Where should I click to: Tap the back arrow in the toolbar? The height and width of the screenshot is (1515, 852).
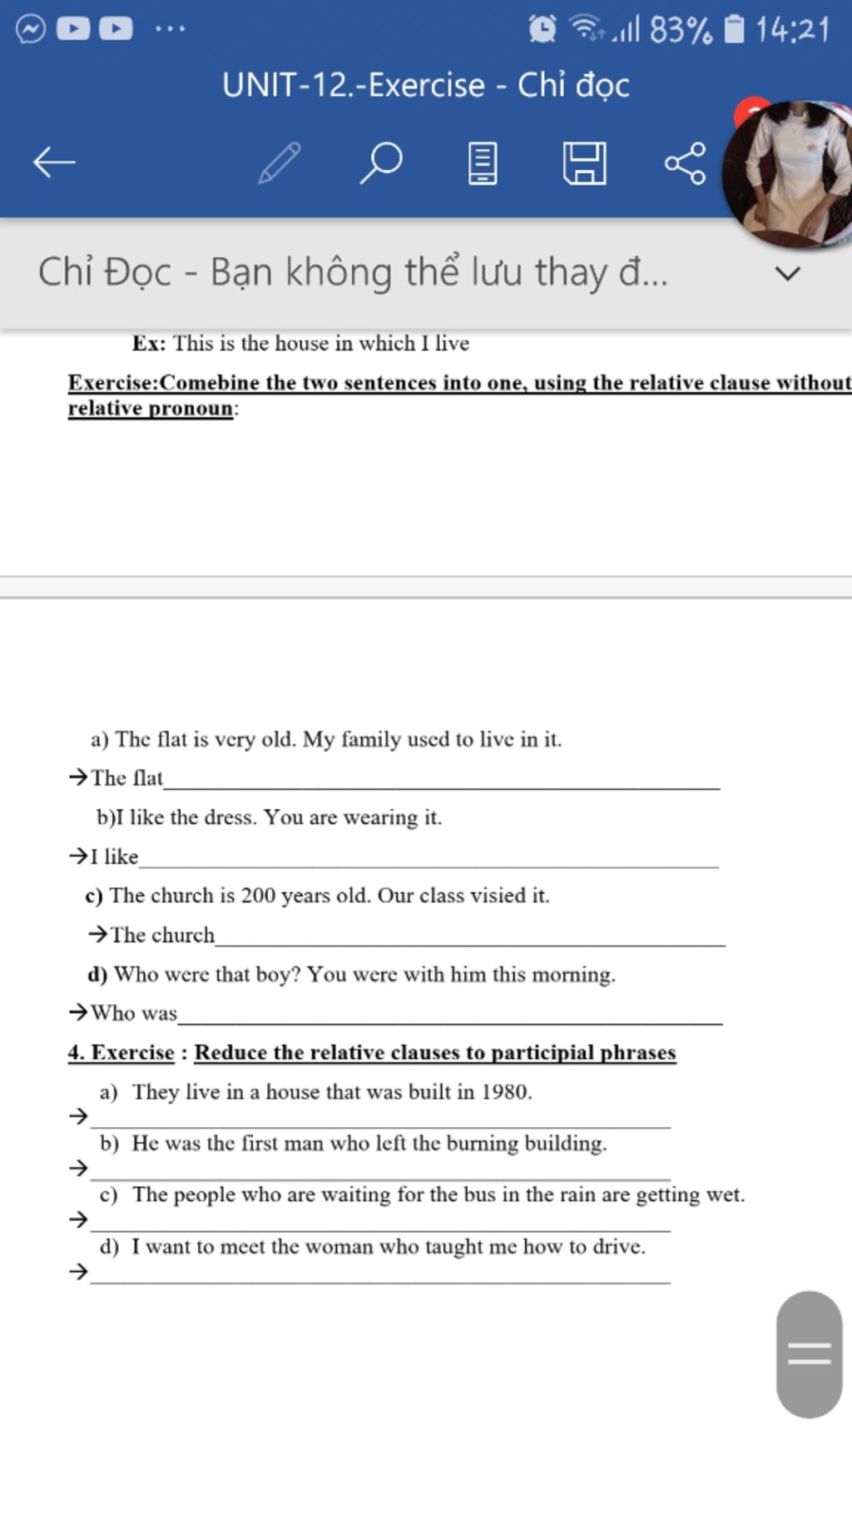(x=54, y=162)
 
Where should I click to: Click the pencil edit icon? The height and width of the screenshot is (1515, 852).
(x=280, y=162)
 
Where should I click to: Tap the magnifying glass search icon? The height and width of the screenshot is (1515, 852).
(x=381, y=162)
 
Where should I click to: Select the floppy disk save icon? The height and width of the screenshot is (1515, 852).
(x=584, y=163)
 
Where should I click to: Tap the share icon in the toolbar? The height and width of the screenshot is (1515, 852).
(x=686, y=163)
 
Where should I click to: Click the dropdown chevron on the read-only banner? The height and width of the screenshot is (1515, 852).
(x=787, y=273)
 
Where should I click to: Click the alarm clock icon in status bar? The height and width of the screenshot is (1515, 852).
(x=542, y=29)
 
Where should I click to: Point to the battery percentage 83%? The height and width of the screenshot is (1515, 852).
(x=681, y=31)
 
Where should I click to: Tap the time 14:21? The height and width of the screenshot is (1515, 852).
(x=792, y=31)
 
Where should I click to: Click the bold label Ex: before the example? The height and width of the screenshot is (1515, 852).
(x=149, y=344)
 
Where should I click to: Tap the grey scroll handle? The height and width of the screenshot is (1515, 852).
(x=809, y=1354)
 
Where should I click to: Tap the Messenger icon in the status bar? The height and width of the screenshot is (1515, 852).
(x=31, y=29)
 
